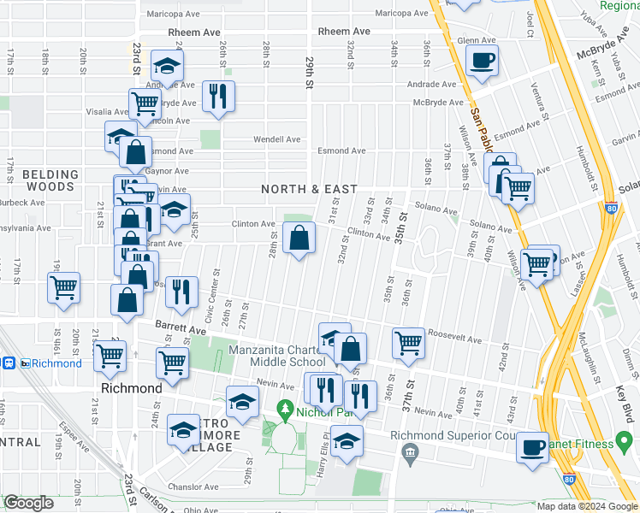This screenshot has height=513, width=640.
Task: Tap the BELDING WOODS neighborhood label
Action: click(x=50, y=180)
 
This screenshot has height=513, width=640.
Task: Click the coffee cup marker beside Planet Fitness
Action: click(x=532, y=447)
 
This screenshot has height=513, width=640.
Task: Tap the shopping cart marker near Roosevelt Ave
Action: click(x=409, y=343)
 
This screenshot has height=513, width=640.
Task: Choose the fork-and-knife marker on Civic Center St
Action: click(x=181, y=292)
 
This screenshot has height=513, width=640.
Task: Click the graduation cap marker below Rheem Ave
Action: click(x=167, y=66)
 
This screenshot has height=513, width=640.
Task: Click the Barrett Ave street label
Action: click(x=181, y=328)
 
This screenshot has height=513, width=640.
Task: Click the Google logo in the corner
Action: click(x=28, y=503)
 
